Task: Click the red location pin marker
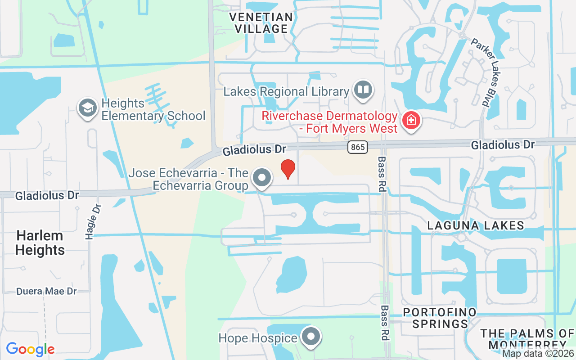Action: (x=288, y=169)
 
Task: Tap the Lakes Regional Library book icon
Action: (x=363, y=89)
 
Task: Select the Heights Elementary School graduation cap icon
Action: (x=88, y=108)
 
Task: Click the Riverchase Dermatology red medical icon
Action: (x=411, y=121)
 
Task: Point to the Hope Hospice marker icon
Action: (x=310, y=337)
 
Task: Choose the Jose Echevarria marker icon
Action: (x=261, y=178)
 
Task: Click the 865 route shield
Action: (x=358, y=147)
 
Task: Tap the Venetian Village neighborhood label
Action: (x=261, y=23)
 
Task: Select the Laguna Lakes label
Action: (x=476, y=225)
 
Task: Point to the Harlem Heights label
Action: (x=40, y=243)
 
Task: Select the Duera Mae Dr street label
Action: (x=47, y=291)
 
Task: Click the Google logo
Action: (x=30, y=349)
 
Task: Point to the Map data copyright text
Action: (x=538, y=354)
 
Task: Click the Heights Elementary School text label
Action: (x=153, y=109)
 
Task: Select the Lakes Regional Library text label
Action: (x=286, y=92)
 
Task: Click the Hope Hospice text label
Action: (x=258, y=338)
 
